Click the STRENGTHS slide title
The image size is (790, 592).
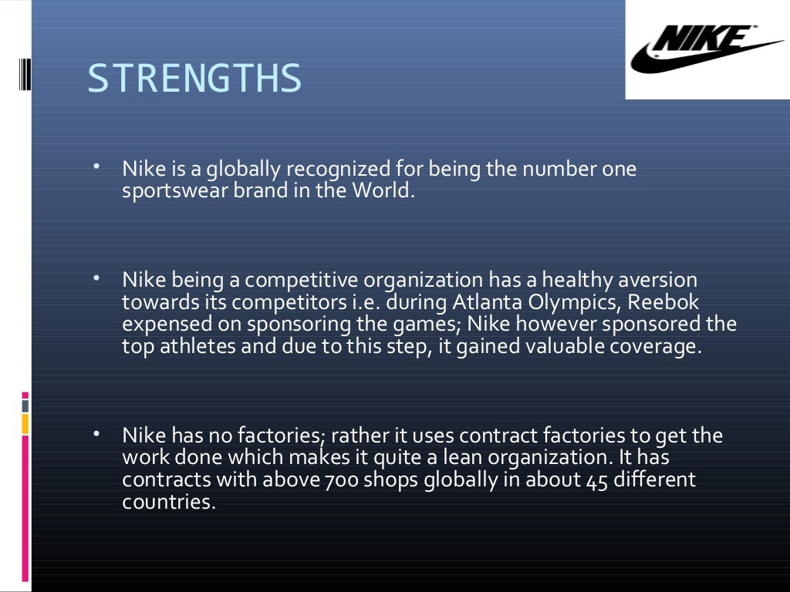194,79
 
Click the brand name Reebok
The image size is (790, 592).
664,301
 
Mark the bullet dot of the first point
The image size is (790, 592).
96,166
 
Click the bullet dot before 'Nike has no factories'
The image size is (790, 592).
96,433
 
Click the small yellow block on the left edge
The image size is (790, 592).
25,423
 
